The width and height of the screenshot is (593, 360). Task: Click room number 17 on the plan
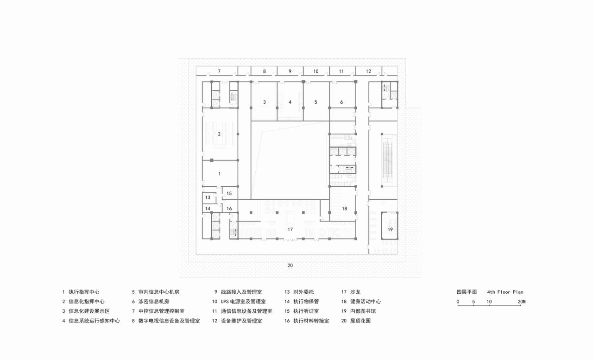click(290, 229)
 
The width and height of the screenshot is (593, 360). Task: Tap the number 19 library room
click(390, 229)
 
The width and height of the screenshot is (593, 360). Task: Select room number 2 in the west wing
click(219, 134)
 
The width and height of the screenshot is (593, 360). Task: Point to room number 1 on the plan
click(219, 173)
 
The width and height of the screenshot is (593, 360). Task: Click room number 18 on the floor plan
click(344, 209)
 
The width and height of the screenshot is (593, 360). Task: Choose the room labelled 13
click(208, 197)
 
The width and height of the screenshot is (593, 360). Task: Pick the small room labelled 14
click(208, 209)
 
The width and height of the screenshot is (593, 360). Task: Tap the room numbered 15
click(229, 193)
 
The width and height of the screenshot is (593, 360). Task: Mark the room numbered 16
click(229, 209)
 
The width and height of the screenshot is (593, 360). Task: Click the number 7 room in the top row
click(219, 71)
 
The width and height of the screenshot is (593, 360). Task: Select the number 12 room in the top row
click(368, 71)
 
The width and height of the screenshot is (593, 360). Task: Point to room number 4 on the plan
click(290, 102)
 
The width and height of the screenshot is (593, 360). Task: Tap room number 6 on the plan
click(341, 102)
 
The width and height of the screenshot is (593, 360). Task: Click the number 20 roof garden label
click(290, 265)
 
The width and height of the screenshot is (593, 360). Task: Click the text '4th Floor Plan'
click(505, 292)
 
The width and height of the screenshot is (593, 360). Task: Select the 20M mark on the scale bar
click(522, 302)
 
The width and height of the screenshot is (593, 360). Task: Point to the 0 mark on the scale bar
click(458, 302)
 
